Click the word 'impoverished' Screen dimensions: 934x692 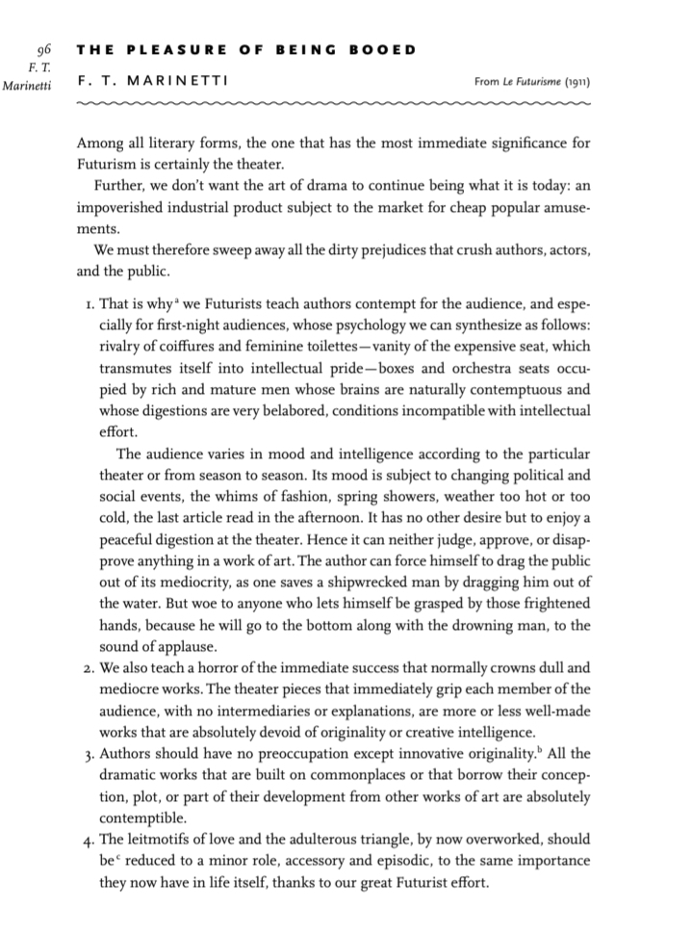(120, 208)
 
